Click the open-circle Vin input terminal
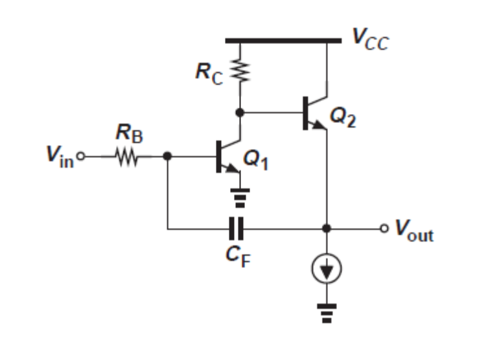point(81,157)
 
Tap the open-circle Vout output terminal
point(384,229)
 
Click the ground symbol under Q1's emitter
point(240,197)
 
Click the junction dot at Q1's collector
point(240,113)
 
